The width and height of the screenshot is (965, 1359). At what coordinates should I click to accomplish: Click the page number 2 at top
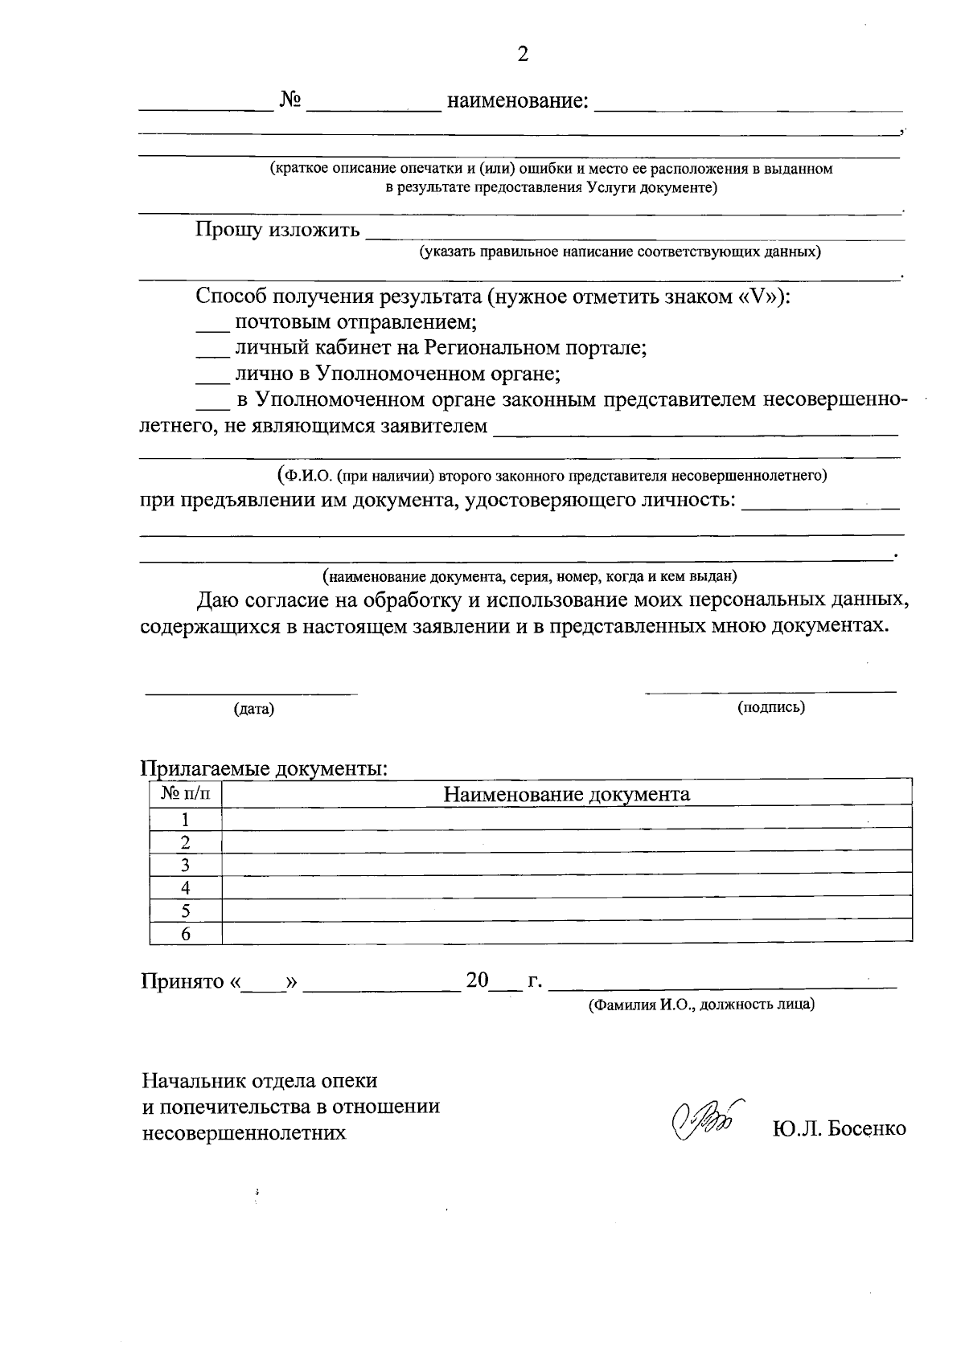(523, 54)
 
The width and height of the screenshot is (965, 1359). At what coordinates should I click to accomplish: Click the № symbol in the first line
(290, 100)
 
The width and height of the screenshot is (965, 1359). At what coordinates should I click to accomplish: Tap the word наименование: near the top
(517, 101)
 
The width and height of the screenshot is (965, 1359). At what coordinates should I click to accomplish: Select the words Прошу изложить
(277, 231)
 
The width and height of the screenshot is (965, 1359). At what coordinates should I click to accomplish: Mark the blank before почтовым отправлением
(213, 328)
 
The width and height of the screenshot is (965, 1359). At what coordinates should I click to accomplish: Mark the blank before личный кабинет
(213, 354)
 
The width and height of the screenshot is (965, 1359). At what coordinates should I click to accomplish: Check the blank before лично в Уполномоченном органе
(213, 379)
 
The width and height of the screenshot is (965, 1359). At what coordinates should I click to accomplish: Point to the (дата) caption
(253, 709)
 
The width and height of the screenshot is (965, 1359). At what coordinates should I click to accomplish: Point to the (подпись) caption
(771, 707)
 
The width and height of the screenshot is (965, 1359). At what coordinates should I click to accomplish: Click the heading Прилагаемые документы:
(265, 768)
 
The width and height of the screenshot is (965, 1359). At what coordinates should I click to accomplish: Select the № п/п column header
(186, 794)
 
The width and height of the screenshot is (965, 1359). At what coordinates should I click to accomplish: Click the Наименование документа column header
(566, 795)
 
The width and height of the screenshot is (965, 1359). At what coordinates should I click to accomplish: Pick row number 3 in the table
(186, 866)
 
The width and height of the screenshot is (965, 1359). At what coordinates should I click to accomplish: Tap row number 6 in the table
(186, 934)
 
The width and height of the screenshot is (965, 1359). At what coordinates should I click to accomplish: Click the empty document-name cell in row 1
(566, 820)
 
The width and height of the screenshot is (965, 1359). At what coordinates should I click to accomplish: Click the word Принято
(182, 981)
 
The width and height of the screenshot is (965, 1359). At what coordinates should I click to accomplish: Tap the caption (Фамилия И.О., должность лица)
(701, 1005)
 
